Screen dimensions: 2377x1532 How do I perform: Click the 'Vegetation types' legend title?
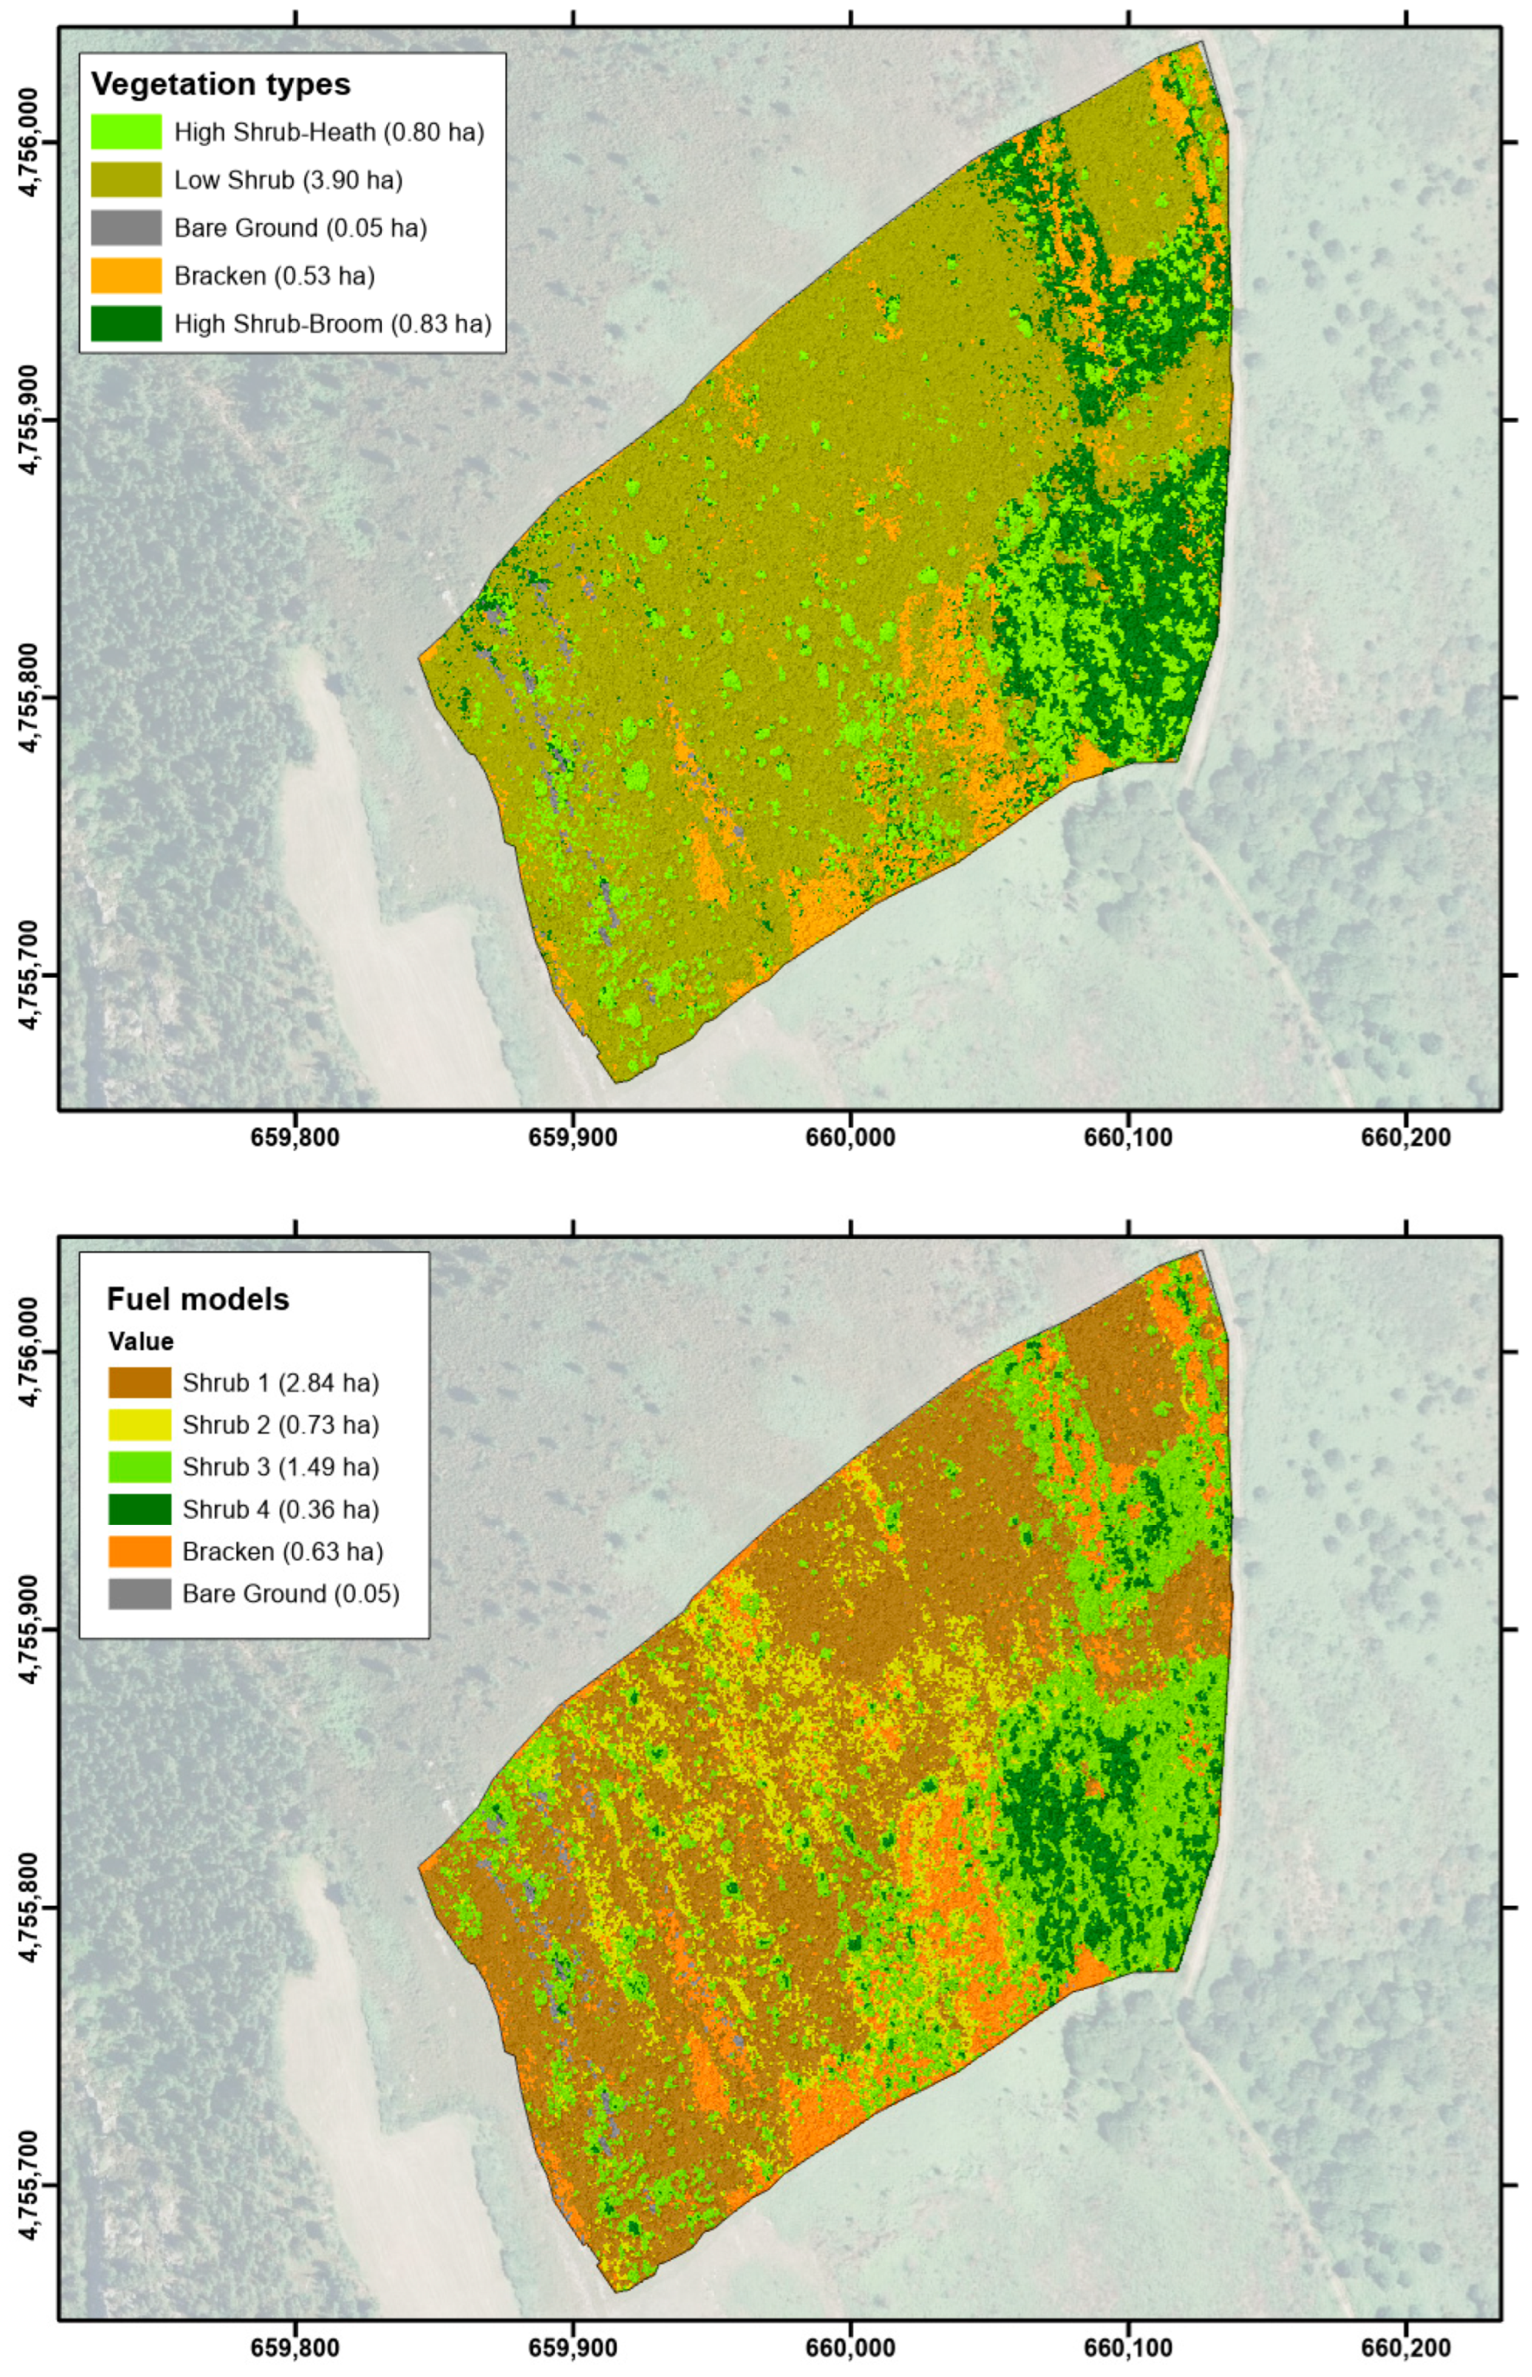pos(221,85)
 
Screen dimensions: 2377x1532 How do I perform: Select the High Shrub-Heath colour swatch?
pos(125,132)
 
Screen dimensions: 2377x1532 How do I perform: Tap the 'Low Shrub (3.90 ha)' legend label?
pos(287,180)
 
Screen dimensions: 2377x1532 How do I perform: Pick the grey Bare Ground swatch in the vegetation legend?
pos(125,228)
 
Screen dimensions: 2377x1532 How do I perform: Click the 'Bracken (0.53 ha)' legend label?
pos(274,275)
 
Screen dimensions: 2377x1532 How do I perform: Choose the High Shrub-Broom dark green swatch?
pos(125,324)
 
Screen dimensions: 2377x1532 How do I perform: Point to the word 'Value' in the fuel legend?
pos(141,1341)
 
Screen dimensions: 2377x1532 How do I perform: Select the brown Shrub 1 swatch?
pos(139,1383)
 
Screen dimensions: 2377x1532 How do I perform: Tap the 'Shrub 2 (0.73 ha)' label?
pos(281,1425)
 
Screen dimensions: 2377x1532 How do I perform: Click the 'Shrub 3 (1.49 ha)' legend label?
pos(281,1466)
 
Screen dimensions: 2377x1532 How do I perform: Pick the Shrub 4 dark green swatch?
pos(139,1510)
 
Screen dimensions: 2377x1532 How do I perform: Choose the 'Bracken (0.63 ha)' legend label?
pos(283,1551)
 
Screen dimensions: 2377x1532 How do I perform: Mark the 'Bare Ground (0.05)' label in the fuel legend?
pos(291,1594)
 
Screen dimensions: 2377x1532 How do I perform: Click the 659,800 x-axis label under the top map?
pos(295,1137)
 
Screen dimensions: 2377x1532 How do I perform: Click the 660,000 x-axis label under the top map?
pos(851,1137)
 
